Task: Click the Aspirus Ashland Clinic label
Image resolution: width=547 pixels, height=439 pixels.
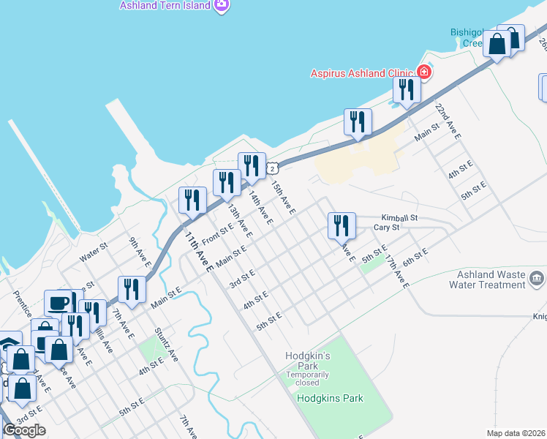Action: coord(361,72)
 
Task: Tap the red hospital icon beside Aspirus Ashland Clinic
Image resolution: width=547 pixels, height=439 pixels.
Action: coord(423,72)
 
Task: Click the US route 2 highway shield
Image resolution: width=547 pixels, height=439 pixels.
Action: coord(272,168)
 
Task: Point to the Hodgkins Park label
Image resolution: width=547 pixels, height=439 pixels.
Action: coord(330,398)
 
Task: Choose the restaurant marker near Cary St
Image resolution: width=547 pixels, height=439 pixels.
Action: coord(342,225)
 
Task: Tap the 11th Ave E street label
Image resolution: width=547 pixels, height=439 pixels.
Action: coord(198,252)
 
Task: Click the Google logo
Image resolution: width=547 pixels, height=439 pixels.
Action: coord(24,430)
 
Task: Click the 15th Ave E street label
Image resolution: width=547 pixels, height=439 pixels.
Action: coord(283,198)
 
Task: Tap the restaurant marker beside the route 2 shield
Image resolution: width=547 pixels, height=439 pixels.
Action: coord(252,166)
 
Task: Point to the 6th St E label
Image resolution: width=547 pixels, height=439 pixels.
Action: coord(414,256)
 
